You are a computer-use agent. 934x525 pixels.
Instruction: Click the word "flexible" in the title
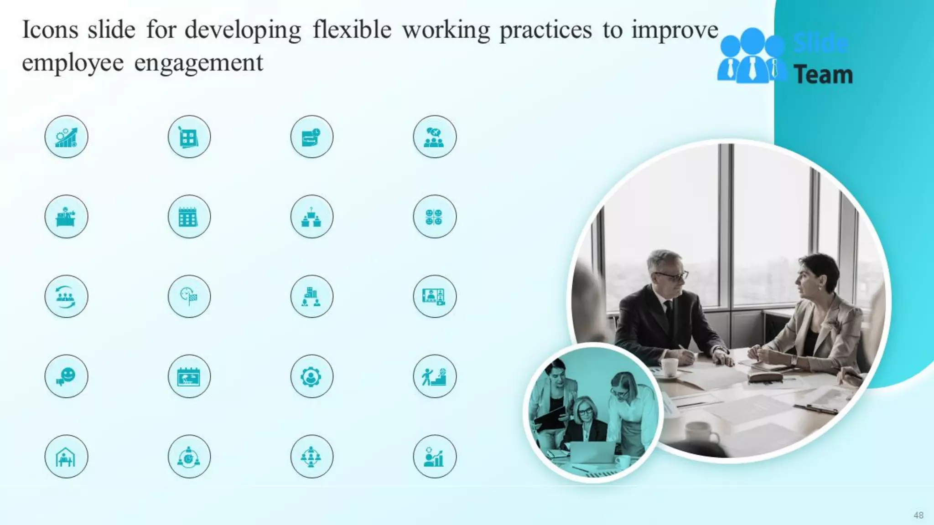point(352,30)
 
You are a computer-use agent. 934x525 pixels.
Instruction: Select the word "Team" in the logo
point(823,75)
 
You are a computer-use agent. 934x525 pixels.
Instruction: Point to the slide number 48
point(918,515)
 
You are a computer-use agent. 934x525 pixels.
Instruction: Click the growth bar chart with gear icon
point(66,137)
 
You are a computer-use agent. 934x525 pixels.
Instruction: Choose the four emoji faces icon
point(434,216)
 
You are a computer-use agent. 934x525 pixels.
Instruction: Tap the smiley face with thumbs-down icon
point(66,376)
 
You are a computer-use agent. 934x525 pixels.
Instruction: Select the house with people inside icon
point(66,457)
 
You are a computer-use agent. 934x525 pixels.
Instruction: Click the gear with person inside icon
point(311,376)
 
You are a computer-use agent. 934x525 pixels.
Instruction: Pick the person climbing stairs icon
point(434,376)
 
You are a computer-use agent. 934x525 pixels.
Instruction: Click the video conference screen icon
point(434,297)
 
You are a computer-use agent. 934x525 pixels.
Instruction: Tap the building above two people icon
point(311,297)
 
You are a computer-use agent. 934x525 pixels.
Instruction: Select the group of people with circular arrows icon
point(66,297)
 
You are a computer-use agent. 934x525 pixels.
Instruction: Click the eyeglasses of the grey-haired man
point(672,276)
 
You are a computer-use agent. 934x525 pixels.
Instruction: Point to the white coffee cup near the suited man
point(669,367)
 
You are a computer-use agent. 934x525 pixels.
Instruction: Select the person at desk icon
point(66,216)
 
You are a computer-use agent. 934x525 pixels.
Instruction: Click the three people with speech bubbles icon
point(434,137)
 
